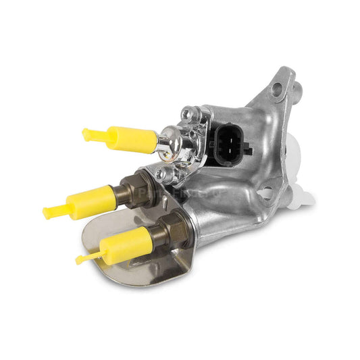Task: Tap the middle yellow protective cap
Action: click(93, 201)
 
